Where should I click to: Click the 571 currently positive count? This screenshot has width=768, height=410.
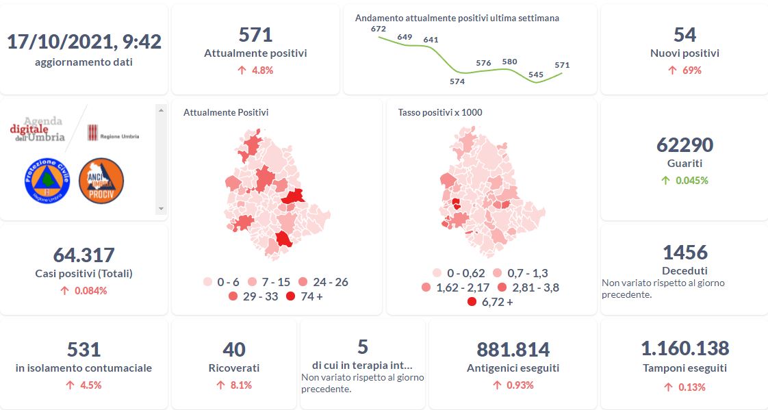point(255,34)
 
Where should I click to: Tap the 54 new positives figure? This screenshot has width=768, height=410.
point(684,34)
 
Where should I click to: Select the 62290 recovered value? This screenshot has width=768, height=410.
point(684,145)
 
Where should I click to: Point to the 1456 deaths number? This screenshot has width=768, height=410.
point(684,252)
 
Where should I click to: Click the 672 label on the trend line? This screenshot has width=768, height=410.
point(379,29)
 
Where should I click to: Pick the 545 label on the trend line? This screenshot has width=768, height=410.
point(536,75)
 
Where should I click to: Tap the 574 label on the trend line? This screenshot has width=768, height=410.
point(457,81)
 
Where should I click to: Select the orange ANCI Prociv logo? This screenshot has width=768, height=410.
point(101,181)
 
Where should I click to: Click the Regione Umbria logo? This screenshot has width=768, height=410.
point(114,134)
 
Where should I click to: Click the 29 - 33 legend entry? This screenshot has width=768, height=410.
point(253,296)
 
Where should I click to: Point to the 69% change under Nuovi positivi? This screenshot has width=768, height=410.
point(684,70)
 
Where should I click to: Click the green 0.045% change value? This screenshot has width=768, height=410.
point(684,181)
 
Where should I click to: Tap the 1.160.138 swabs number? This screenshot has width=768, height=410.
point(684,348)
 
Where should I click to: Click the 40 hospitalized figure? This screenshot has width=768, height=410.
point(234,350)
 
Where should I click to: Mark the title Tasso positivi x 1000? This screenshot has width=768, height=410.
point(440,112)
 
